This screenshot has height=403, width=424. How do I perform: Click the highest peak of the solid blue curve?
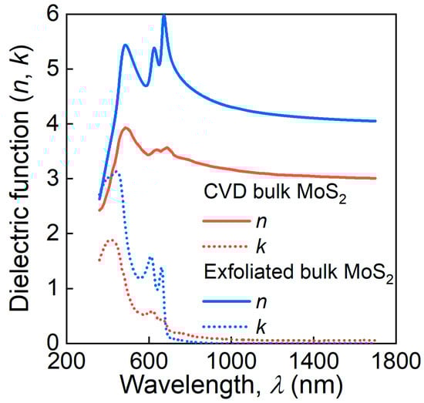(x=163, y=16)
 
